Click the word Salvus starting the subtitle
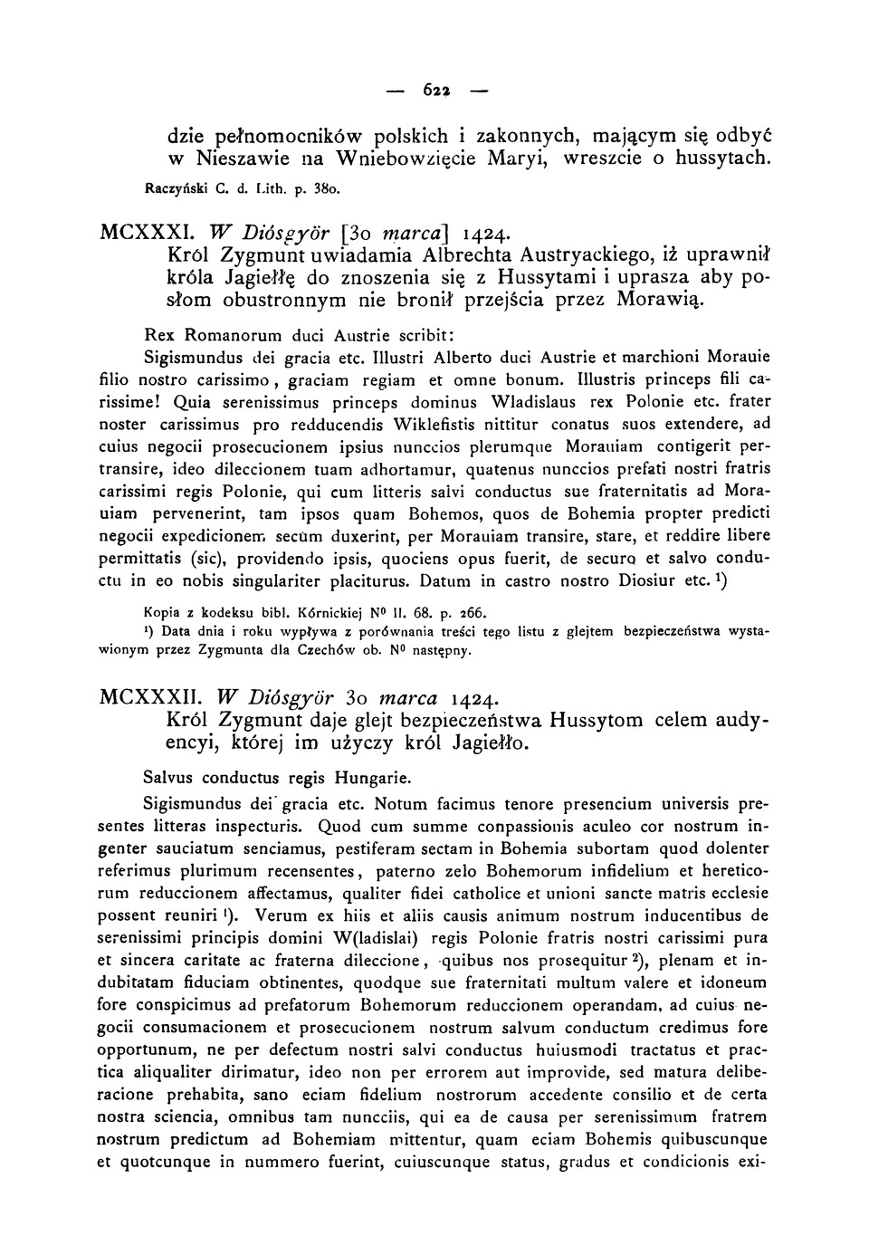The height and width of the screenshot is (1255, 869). (x=169, y=778)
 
